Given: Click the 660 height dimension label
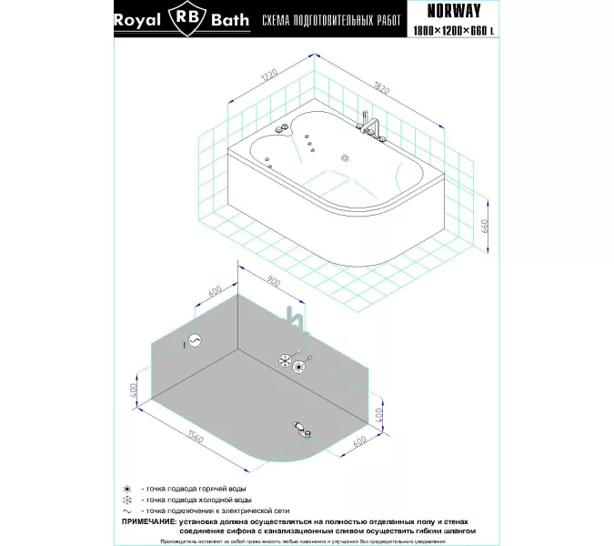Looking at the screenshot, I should [x=485, y=227].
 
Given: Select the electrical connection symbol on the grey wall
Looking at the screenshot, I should [x=192, y=342].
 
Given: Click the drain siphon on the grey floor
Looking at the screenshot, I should [x=300, y=426].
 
